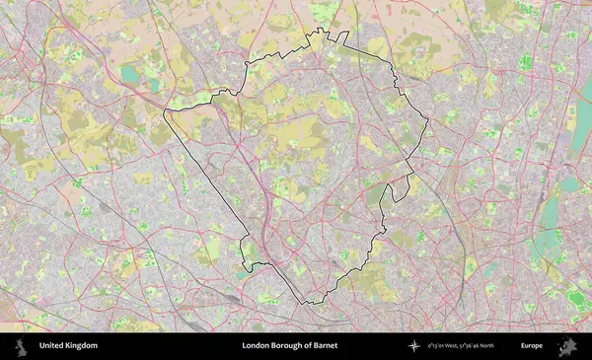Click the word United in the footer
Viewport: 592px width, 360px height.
(53, 346)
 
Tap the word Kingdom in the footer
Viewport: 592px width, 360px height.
(82, 346)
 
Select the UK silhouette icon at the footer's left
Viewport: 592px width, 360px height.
(20, 346)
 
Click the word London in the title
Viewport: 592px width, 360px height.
(257, 346)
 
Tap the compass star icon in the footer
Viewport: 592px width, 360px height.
(414, 346)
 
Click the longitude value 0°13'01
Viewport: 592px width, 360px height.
(438, 346)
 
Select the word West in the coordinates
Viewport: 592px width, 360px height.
(460, 346)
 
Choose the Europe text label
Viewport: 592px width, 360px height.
(532, 346)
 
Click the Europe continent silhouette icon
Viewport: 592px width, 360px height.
(567, 346)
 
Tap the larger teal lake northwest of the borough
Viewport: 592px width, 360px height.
(130, 74)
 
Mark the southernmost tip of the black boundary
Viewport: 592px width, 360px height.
(308, 303)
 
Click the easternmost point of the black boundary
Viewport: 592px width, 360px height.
(428, 120)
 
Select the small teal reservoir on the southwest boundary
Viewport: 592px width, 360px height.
(244, 273)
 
